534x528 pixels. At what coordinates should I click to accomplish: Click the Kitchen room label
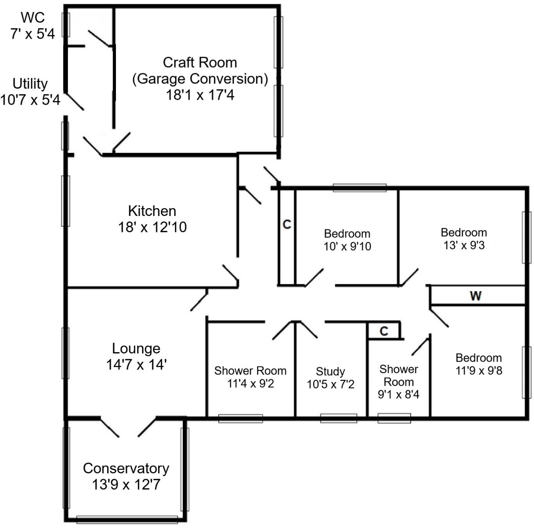152,211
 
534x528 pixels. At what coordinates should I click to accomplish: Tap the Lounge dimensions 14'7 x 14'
136,365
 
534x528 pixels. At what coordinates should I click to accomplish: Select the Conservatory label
126,468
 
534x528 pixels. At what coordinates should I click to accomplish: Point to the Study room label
330,371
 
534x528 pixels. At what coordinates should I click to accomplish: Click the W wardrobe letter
475,296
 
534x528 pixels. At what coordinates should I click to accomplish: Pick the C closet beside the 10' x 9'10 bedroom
287,225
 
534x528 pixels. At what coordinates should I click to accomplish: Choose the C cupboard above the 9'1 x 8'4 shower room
384,331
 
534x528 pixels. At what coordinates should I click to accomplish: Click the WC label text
33,18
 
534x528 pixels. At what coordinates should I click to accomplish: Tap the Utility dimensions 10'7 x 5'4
30,100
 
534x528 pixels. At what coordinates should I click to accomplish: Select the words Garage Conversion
200,79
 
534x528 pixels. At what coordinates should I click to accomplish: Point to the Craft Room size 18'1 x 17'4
200,95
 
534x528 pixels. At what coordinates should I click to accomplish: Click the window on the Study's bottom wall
338,418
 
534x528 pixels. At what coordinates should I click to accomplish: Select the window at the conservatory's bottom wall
127,519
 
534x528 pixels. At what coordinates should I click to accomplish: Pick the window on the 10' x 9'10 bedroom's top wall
359,188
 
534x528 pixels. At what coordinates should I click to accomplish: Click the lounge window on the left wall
66,353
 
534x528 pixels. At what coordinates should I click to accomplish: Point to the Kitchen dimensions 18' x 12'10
152,227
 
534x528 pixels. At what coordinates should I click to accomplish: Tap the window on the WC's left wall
66,25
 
